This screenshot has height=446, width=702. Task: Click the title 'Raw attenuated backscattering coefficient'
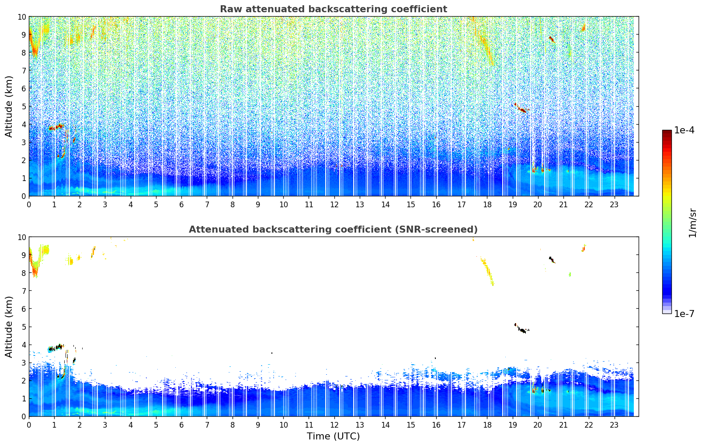(333, 9)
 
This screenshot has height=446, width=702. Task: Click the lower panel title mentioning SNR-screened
(333, 230)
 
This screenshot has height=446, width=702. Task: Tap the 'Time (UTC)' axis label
(333, 436)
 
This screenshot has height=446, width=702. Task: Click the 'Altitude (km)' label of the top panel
(9, 106)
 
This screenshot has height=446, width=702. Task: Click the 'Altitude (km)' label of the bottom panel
(9, 327)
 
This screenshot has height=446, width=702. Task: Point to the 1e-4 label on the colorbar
(684, 130)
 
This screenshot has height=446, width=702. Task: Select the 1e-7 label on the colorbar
(684, 314)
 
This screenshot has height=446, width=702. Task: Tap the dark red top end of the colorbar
(667, 132)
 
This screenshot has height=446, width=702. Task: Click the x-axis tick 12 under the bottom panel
(334, 425)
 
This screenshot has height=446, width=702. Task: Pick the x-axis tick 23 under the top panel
(614, 204)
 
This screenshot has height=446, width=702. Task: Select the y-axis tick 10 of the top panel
(22, 17)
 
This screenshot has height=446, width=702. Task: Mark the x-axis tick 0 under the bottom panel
(29, 425)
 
